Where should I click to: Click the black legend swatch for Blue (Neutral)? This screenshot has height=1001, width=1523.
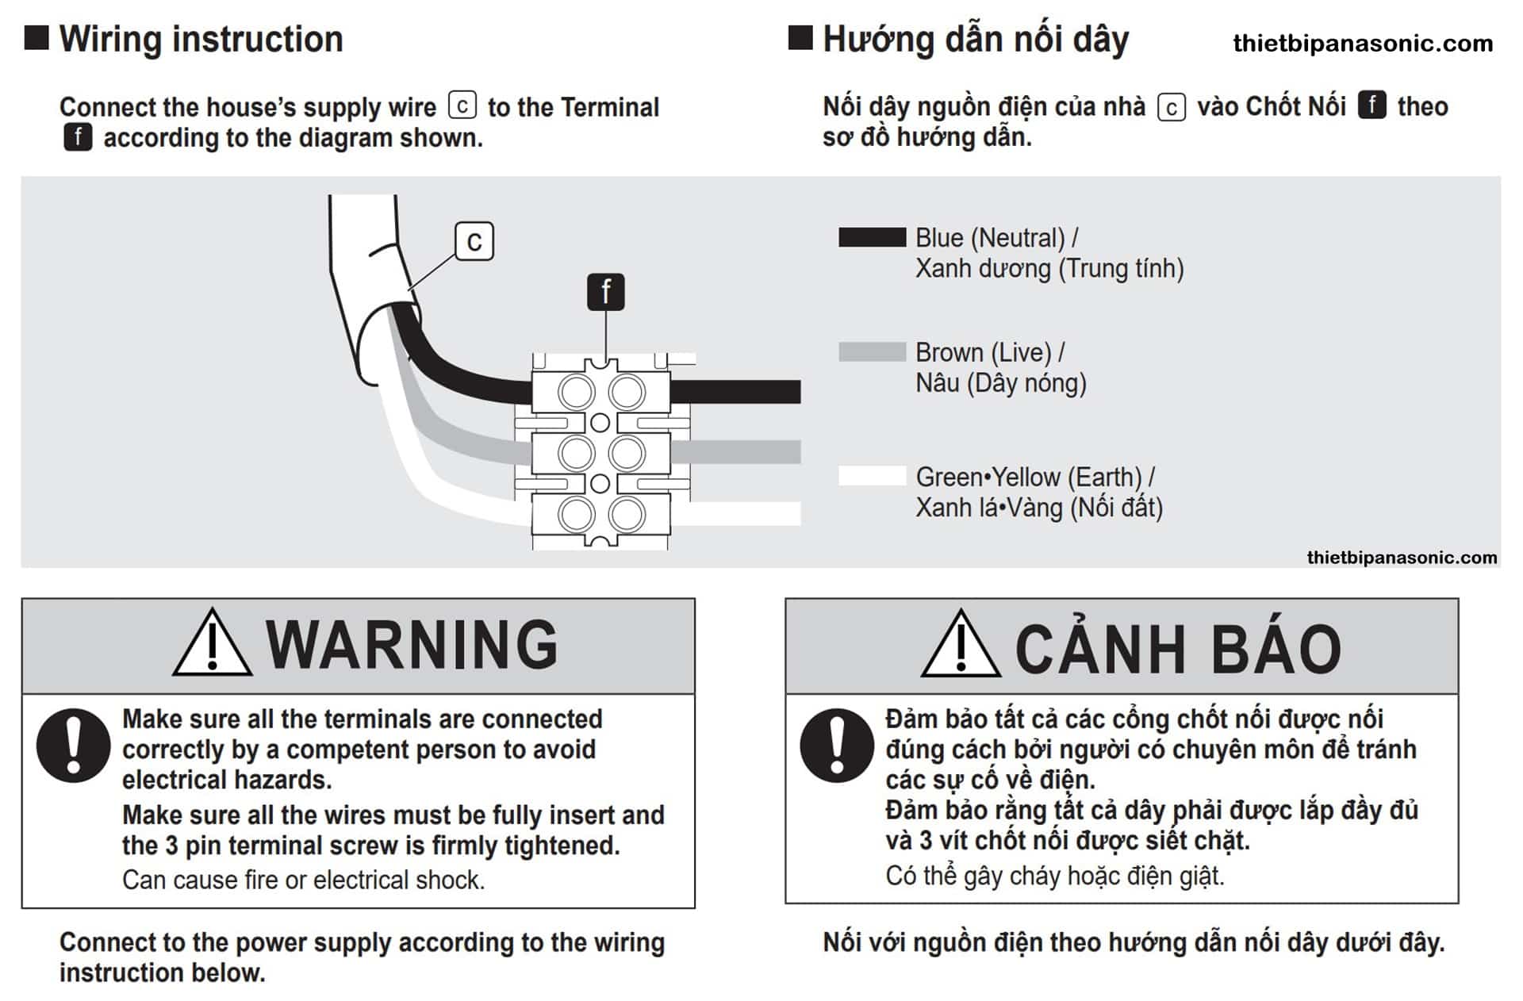tap(872, 237)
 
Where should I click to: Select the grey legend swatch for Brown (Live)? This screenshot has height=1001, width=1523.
tap(872, 351)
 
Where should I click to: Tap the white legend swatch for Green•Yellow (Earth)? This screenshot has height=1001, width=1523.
tap(872, 475)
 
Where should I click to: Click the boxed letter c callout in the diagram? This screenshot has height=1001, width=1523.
tap(474, 241)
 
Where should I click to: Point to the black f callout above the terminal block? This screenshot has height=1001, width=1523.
tap(606, 292)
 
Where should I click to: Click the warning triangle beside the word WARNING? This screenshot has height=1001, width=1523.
tap(213, 642)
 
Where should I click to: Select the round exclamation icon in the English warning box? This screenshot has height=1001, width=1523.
tap(74, 746)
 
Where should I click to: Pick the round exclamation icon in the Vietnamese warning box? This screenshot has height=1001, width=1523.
tap(837, 746)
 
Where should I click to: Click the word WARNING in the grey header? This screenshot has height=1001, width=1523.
tap(412, 644)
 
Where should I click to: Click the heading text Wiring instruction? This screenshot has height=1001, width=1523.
tap(201, 39)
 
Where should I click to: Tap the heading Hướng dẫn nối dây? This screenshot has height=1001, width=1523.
tap(976, 40)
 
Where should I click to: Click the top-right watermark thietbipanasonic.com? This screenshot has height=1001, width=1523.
tap(1363, 43)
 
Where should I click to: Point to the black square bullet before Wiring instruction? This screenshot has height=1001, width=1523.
tap(36, 37)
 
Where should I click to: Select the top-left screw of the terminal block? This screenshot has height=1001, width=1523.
tap(577, 392)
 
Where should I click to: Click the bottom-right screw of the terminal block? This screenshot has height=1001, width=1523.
tap(627, 515)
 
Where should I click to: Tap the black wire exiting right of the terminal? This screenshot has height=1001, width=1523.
tap(735, 392)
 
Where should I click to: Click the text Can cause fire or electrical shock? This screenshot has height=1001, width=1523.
tap(303, 880)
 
